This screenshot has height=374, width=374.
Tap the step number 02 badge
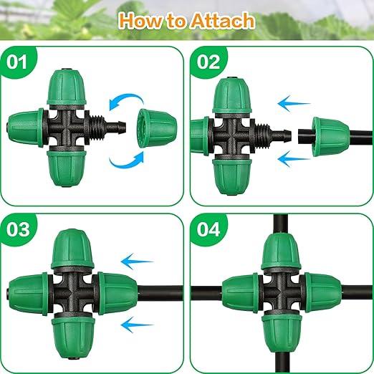click(x=208, y=63)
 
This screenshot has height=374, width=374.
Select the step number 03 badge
click(x=19, y=231)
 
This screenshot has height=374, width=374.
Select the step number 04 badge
click(x=208, y=231)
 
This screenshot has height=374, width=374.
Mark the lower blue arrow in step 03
click(x=139, y=325)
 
